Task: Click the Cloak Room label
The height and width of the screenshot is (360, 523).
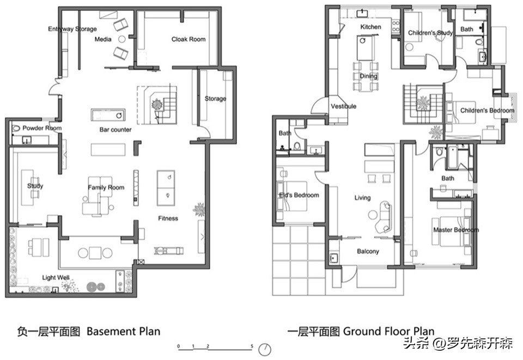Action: point(188,39)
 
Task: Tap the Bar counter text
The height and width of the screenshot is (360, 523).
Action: point(115,130)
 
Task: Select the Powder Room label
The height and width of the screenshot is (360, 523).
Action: point(42,128)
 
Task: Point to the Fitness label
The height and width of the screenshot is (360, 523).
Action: point(168,218)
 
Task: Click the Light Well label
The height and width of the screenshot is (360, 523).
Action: point(56,277)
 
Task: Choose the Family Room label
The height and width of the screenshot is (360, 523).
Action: point(106,188)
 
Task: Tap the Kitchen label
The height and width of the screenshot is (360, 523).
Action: point(370,27)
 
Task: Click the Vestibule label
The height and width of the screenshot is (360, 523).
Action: point(344,106)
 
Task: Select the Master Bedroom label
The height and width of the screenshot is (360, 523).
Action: point(456,230)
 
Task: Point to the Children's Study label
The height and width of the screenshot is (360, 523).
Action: point(430,33)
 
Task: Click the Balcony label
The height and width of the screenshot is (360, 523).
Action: point(368,251)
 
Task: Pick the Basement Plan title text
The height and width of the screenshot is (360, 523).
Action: point(124,331)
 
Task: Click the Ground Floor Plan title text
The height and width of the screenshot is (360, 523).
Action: point(389,331)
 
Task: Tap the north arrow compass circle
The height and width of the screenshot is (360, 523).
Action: point(265,349)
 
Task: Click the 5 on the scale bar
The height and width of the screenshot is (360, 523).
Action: point(252,346)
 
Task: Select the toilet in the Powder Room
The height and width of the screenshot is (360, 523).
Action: point(16,128)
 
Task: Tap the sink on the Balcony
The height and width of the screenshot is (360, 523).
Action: point(334,258)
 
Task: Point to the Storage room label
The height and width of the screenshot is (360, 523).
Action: point(215,99)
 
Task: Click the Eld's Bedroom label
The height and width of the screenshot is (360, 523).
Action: point(299,195)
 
